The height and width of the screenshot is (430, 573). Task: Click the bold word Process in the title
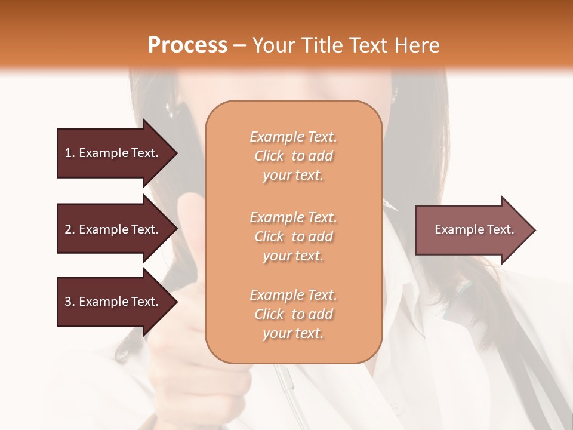(187, 45)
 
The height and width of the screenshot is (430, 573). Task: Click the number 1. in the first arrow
(70, 153)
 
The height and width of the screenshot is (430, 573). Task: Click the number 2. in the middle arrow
(70, 229)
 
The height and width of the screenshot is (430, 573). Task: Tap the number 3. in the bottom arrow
(70, 302)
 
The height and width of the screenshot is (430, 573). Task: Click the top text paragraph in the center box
(293, 156)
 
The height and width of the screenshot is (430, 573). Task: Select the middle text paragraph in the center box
(293, 236)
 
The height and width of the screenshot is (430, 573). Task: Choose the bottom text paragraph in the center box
(293, 314)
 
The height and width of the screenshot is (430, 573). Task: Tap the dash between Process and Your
(240, 45)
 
